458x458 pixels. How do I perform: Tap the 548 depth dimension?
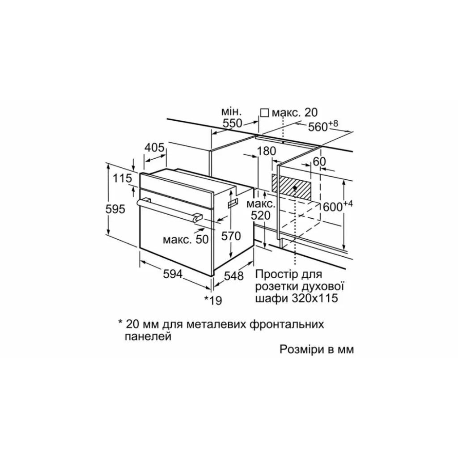(234, 276)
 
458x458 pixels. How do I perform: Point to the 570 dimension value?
(232, 236)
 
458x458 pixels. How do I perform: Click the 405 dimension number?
(155, 148)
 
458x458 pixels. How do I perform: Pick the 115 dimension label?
(122, 178)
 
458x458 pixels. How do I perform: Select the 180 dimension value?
(267, 152)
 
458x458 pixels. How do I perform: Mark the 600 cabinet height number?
(332, 207)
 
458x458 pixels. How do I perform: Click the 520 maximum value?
(261, 216)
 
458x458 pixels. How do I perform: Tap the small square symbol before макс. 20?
(264, 113)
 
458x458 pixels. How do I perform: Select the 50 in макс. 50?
(202, 239)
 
